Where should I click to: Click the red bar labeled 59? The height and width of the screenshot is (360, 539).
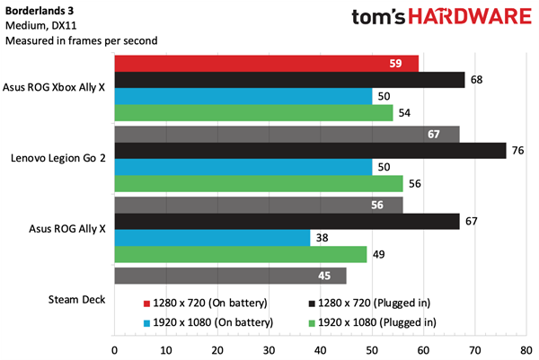267,64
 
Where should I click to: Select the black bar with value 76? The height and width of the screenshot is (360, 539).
311,151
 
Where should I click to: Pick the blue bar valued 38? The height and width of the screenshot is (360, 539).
212,238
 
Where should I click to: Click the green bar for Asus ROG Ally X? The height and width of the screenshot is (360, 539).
241,255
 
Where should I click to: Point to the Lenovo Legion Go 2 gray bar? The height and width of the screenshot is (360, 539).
287,134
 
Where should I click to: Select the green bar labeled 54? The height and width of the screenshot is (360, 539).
253,113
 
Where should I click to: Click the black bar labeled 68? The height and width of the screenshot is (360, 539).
289,81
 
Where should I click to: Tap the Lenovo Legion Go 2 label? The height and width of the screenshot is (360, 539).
58,159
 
